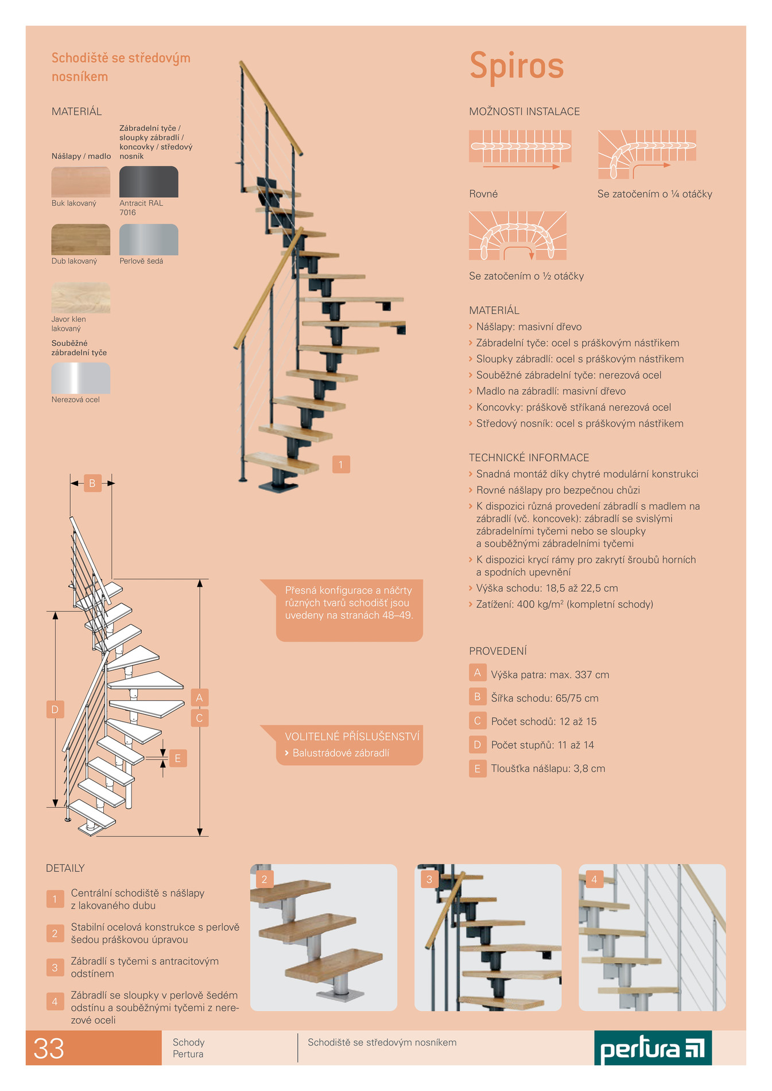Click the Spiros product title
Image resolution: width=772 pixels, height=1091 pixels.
pos(517,67)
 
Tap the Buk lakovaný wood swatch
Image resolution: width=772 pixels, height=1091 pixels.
pos(81,182)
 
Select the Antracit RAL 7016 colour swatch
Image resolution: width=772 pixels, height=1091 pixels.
pos(149,182)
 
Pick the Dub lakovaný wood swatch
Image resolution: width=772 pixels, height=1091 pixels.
pos(81,240)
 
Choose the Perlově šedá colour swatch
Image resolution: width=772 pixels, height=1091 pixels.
pos(149,240)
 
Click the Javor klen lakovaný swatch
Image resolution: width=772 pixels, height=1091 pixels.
pos(81,297)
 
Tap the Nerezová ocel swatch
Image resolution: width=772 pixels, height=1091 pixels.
pos(81,378)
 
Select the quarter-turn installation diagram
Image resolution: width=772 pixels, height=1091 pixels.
pos(647,154)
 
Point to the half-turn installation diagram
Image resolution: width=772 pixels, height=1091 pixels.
pos(518,236)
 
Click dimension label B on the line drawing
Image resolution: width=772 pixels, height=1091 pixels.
pos(92,483)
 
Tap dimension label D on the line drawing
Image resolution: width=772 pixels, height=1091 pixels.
pos(55,710)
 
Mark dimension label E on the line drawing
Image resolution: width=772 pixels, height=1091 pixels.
pos(178,758)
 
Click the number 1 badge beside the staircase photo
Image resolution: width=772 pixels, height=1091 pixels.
pos(341,464)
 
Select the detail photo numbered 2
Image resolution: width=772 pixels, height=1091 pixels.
pos(324,937)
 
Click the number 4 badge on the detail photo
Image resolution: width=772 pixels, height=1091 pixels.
pos(594,879)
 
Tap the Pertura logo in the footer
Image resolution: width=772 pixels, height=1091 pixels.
pos(653,1048)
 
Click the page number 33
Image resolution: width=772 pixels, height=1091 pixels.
pos(49,1049)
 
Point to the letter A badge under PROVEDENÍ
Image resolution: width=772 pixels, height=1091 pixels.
pos(478,673)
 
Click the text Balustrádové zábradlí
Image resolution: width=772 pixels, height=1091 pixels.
pos(341,753)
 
